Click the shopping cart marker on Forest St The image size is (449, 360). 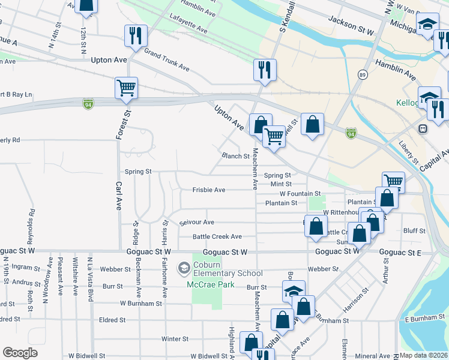click(127, 88)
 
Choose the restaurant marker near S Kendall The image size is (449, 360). click(265, 70)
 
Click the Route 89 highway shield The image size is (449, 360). click(362, 74)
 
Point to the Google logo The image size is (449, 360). click(20, 353)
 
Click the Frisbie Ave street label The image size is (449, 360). click(209, 190)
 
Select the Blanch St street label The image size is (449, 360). click(235, 156)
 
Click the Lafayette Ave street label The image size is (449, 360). click(188, 25)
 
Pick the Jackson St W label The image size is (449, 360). click(351, 25)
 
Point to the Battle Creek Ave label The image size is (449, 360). click(217, 237)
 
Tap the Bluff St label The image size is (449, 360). click(414, 230)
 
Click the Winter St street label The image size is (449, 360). click(175, 339)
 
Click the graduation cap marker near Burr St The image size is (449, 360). click(294, 291)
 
